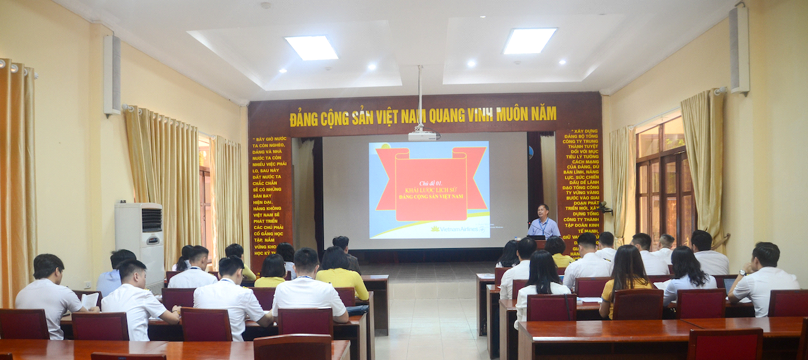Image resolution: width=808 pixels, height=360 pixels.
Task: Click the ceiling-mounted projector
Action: [x=422, y=135]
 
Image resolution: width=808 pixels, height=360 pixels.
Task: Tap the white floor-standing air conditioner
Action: [x=140, y=240]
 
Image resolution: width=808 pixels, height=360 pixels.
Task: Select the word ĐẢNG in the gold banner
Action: [x=304, y=119]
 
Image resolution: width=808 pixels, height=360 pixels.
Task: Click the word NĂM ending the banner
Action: [x=543, y=113]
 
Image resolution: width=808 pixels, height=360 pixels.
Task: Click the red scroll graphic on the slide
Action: [x=431, y=184]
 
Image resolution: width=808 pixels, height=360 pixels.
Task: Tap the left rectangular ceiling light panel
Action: [x=311, y=48]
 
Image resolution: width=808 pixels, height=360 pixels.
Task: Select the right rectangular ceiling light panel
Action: [x=530, y=41]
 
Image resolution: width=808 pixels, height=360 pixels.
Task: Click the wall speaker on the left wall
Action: [x=112, y=75]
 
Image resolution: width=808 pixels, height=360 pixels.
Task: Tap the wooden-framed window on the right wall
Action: [x=664, y=181]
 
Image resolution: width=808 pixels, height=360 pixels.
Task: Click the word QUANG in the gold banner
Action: [x=444, y=116]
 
